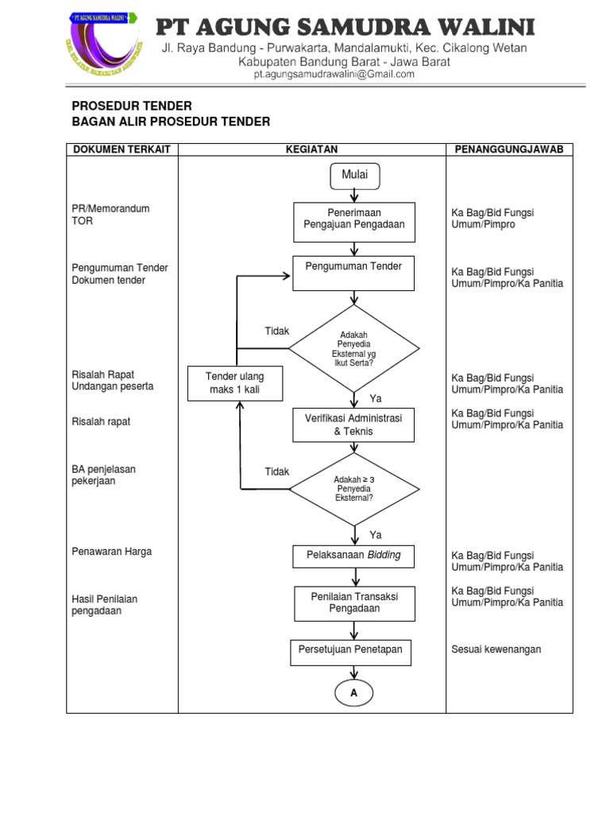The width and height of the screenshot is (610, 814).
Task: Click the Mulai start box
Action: coord(354,175)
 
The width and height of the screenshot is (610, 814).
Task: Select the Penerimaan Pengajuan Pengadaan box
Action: coord(354,219)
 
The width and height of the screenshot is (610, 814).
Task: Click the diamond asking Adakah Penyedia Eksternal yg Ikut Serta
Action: coord(354,347)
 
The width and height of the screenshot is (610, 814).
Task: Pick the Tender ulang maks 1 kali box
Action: coord(234,383)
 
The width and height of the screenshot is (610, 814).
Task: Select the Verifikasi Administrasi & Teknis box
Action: coord(354,424)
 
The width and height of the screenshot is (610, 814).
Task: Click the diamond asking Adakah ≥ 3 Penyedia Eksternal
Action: coord(354,489)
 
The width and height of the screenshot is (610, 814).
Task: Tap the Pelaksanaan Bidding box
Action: coord(354,556)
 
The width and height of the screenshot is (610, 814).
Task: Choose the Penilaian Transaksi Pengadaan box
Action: coord(354,603)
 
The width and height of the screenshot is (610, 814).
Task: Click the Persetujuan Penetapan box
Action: coord(350,650)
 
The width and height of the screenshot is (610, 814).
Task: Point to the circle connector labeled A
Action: coord(354,693)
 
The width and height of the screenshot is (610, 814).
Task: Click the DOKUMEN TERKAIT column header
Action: coord(122,149)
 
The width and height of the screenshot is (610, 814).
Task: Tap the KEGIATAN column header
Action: coord(312,149)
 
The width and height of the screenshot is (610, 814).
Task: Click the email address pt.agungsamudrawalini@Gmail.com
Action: coord(334,75)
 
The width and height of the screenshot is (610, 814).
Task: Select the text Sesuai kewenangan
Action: coord(496,649)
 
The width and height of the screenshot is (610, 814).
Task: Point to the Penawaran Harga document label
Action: coord(112,551)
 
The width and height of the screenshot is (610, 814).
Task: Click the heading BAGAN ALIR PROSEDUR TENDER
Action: coord(172,122)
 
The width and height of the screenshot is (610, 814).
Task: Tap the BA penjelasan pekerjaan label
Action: coord(104,475)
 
